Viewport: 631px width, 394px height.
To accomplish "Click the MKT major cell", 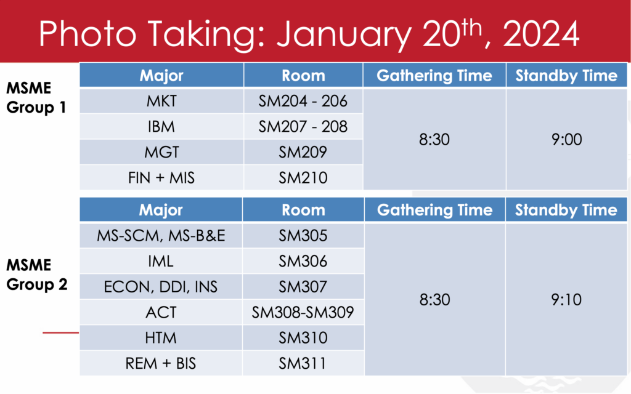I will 161,102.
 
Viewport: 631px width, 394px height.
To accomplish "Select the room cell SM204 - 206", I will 303,102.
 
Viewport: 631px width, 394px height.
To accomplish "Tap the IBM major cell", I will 161,127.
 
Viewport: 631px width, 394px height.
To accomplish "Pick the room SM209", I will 303,152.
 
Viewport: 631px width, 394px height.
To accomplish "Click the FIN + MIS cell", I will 161,177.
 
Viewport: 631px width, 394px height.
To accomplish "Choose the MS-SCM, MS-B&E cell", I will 161,236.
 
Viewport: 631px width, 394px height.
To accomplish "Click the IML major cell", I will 161,262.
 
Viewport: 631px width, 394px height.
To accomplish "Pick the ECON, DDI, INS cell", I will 161,287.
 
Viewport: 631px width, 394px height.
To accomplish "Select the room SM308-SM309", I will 303,312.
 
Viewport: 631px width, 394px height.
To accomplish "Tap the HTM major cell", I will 161,337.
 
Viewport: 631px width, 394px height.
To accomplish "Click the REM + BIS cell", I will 161,363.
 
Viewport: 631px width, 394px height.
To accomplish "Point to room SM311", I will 303,363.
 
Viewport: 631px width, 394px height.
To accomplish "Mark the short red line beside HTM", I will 61,332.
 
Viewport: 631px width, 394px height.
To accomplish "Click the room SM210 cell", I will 303,177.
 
